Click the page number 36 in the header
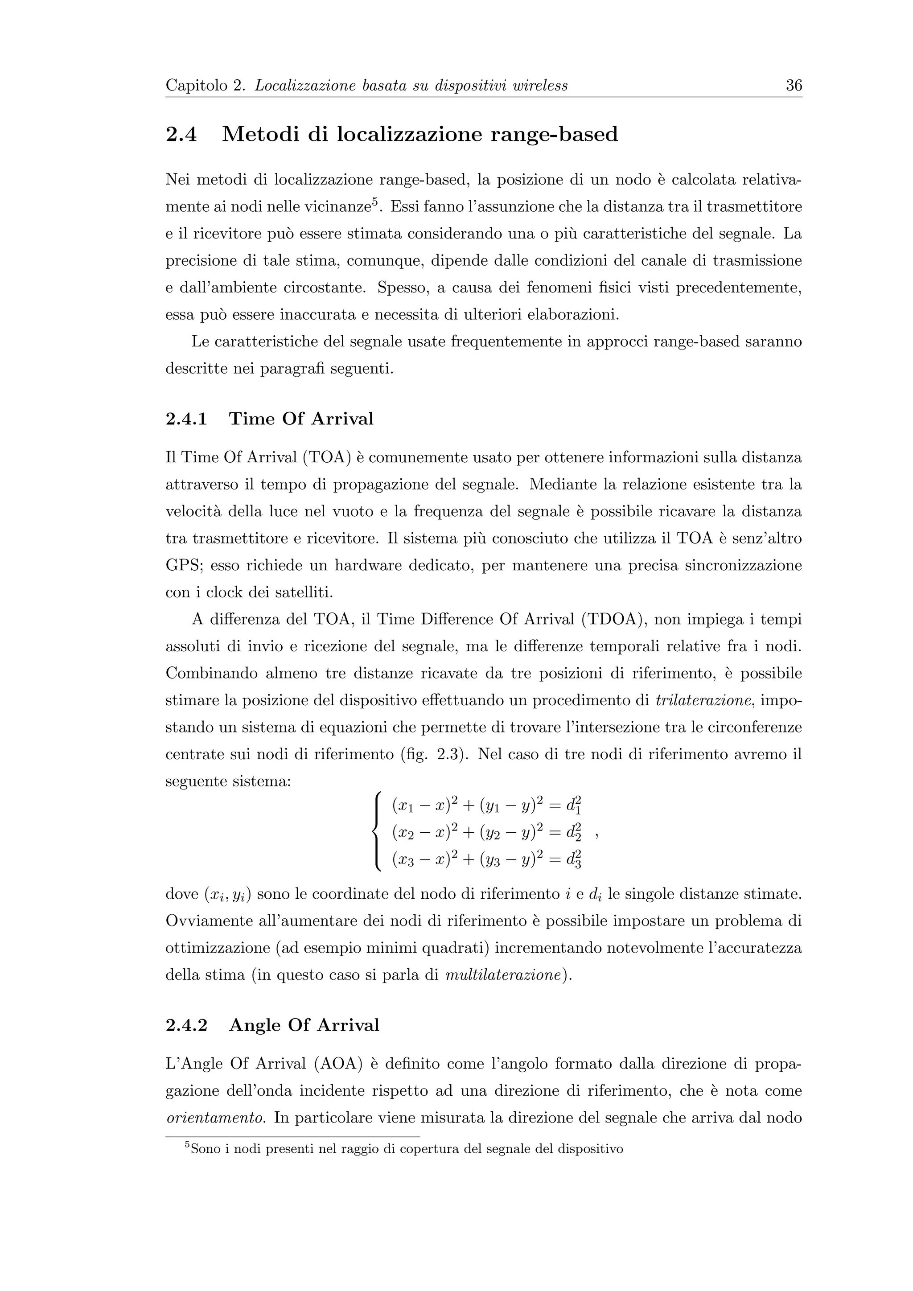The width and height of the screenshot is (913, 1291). point(793,86)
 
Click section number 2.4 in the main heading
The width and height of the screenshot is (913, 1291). point(181,134)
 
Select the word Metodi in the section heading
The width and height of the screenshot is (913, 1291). point(260,134)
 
